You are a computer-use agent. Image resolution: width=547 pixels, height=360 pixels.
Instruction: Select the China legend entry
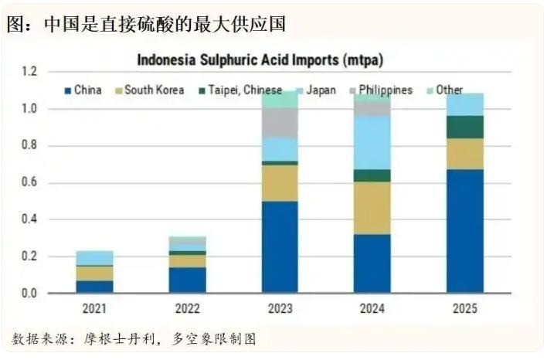(x=83, y=90)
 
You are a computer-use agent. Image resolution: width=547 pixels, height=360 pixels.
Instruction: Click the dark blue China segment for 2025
(x=465, y=231)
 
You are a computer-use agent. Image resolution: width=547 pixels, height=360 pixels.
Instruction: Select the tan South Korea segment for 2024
(x=372, y=208)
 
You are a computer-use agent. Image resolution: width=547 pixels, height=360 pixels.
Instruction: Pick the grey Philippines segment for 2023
(x=280, y=122)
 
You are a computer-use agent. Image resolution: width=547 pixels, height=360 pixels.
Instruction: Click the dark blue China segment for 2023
(x=280, y=247)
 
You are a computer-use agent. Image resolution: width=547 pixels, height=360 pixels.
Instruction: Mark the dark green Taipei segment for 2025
(x=465, y=127)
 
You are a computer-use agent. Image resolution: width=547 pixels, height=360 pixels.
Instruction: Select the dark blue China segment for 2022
(x=188, y=280)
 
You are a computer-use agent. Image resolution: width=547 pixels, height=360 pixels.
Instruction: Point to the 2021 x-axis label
(x=95, y=309)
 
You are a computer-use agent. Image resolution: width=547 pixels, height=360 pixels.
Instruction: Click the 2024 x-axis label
(x=372, y=309)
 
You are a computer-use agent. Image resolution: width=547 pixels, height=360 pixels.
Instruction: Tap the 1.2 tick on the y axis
(x=29, y=72)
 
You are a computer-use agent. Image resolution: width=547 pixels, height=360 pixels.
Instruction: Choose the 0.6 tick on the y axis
(x=29, y=183)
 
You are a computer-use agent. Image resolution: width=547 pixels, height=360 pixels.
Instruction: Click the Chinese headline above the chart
(x=147, y=24)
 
